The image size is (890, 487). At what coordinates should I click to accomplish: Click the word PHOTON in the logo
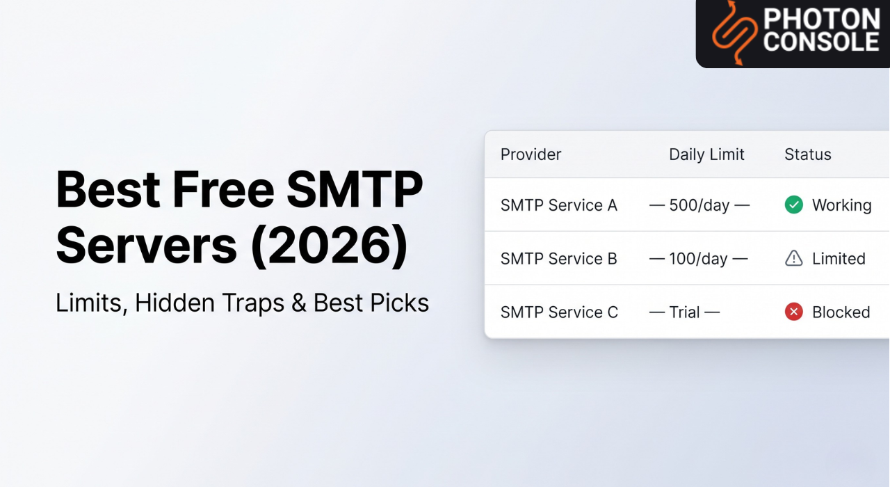click(821, 19)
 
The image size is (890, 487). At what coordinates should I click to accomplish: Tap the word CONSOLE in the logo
click(821, 42)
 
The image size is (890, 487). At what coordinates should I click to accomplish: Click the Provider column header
click(531, 154)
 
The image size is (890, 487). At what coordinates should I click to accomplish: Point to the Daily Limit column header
click(706, 154)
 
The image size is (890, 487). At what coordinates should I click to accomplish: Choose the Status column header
click(807, 154)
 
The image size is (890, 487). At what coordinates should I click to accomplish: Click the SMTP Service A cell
click(558, 205)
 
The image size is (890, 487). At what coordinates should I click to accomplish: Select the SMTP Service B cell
click(558, 259)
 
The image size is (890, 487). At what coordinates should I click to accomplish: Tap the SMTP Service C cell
click(559, 312)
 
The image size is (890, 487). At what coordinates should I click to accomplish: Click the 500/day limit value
click(698, 205)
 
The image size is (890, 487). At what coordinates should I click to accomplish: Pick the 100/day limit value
click(698, 259)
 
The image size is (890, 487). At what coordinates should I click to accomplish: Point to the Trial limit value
click(684, 312)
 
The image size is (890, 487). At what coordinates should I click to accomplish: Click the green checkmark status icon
click(793, 205)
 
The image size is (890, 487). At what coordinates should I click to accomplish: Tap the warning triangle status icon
click(793, 258)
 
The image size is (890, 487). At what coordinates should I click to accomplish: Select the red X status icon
click(793, 312)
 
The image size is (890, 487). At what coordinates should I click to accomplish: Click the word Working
click(841, 205)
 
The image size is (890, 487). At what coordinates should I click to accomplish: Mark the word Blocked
click(841, 312)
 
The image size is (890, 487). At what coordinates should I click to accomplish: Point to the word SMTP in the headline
click(354, 189)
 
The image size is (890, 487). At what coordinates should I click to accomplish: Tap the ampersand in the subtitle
click(299, 303)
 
